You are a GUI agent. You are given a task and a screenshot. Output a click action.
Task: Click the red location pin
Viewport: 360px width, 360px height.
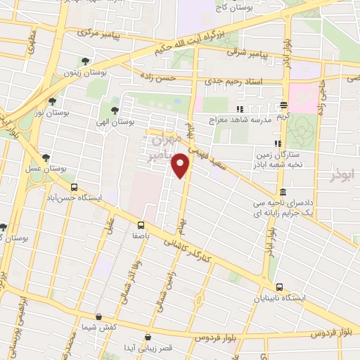[x=181, y=165]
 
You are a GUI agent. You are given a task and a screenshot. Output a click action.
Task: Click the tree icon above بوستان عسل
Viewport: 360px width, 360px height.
[x=46, y=157]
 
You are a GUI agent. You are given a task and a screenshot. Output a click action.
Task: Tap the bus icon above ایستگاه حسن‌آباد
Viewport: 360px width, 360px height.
[x=75, y=186]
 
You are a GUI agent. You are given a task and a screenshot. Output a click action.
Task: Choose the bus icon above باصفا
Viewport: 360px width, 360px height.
[x=141, y=225]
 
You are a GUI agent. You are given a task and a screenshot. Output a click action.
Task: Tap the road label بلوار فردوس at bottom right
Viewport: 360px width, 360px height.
[x=309, y=331]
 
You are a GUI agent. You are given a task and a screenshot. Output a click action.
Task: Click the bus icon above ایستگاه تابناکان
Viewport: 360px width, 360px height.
[x=280, y=287]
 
